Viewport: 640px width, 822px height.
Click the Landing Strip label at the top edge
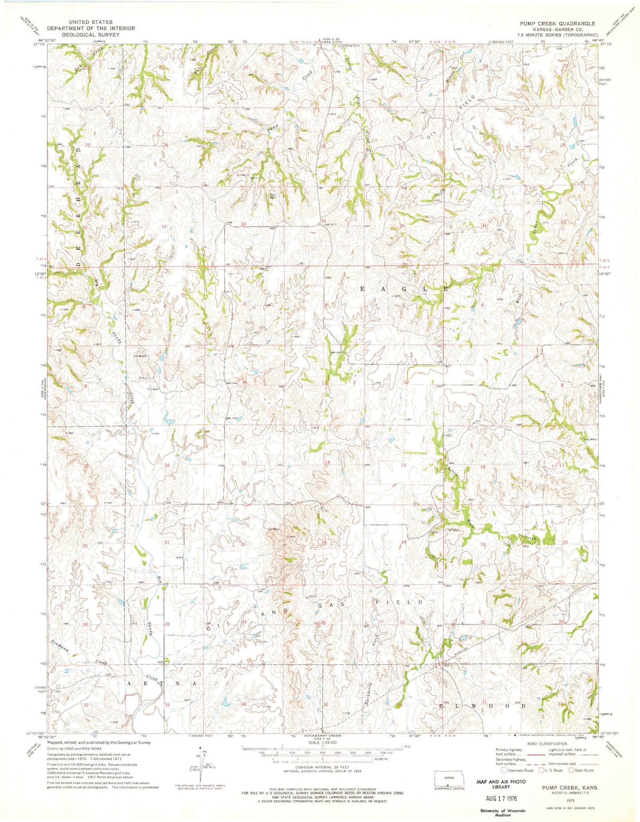pyautogui.click(x=350, y=46)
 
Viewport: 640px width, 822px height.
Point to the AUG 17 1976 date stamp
pyautogui.click(x=500, y=798)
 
